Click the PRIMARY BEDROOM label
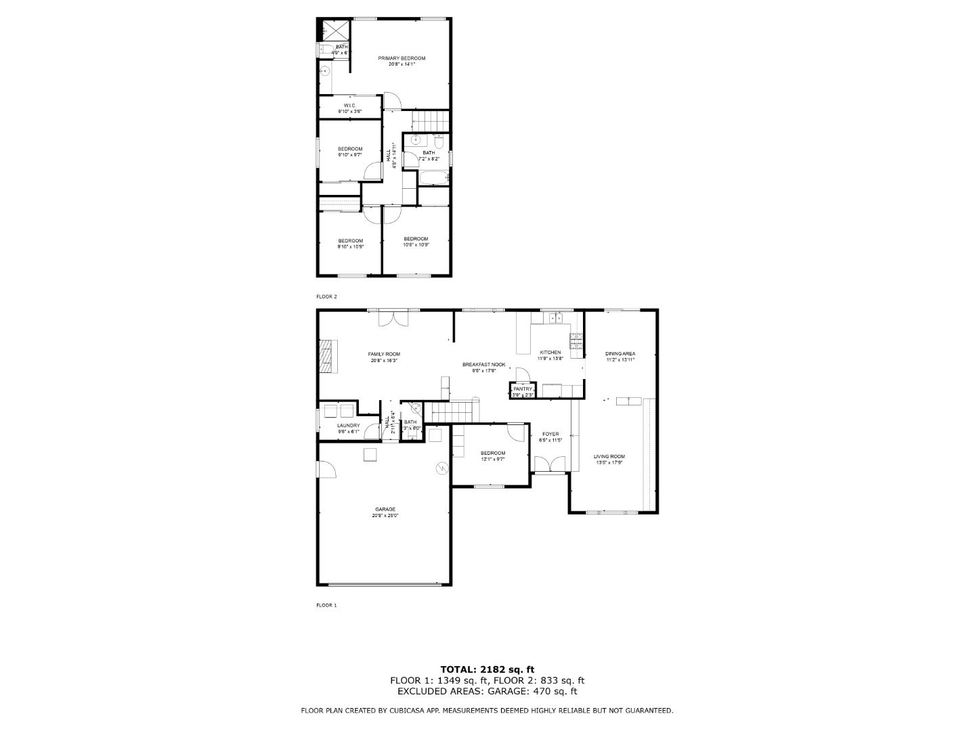click(x=402, y=58)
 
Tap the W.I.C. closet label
click(x=349, y=106)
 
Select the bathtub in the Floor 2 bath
click(x=431, y=178)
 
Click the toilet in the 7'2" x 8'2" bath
click(x=439, y=142)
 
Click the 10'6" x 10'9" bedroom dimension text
click(x=416, y=245)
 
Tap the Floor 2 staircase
click(x=431, y=120)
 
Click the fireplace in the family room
click(x=327, y=356)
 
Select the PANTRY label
click(x=523, y=389)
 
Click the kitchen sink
click(x=557, y=317)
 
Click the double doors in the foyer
click(x=549, y=464)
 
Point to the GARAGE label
click(x=385, y=509)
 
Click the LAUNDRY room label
click(x=349, y=426)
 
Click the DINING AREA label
click(x=620, y=353)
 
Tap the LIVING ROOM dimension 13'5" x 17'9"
click(x=609, y=463)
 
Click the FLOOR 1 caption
click(x=326, y=605)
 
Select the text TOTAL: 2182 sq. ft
click(x=487, y=669)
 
